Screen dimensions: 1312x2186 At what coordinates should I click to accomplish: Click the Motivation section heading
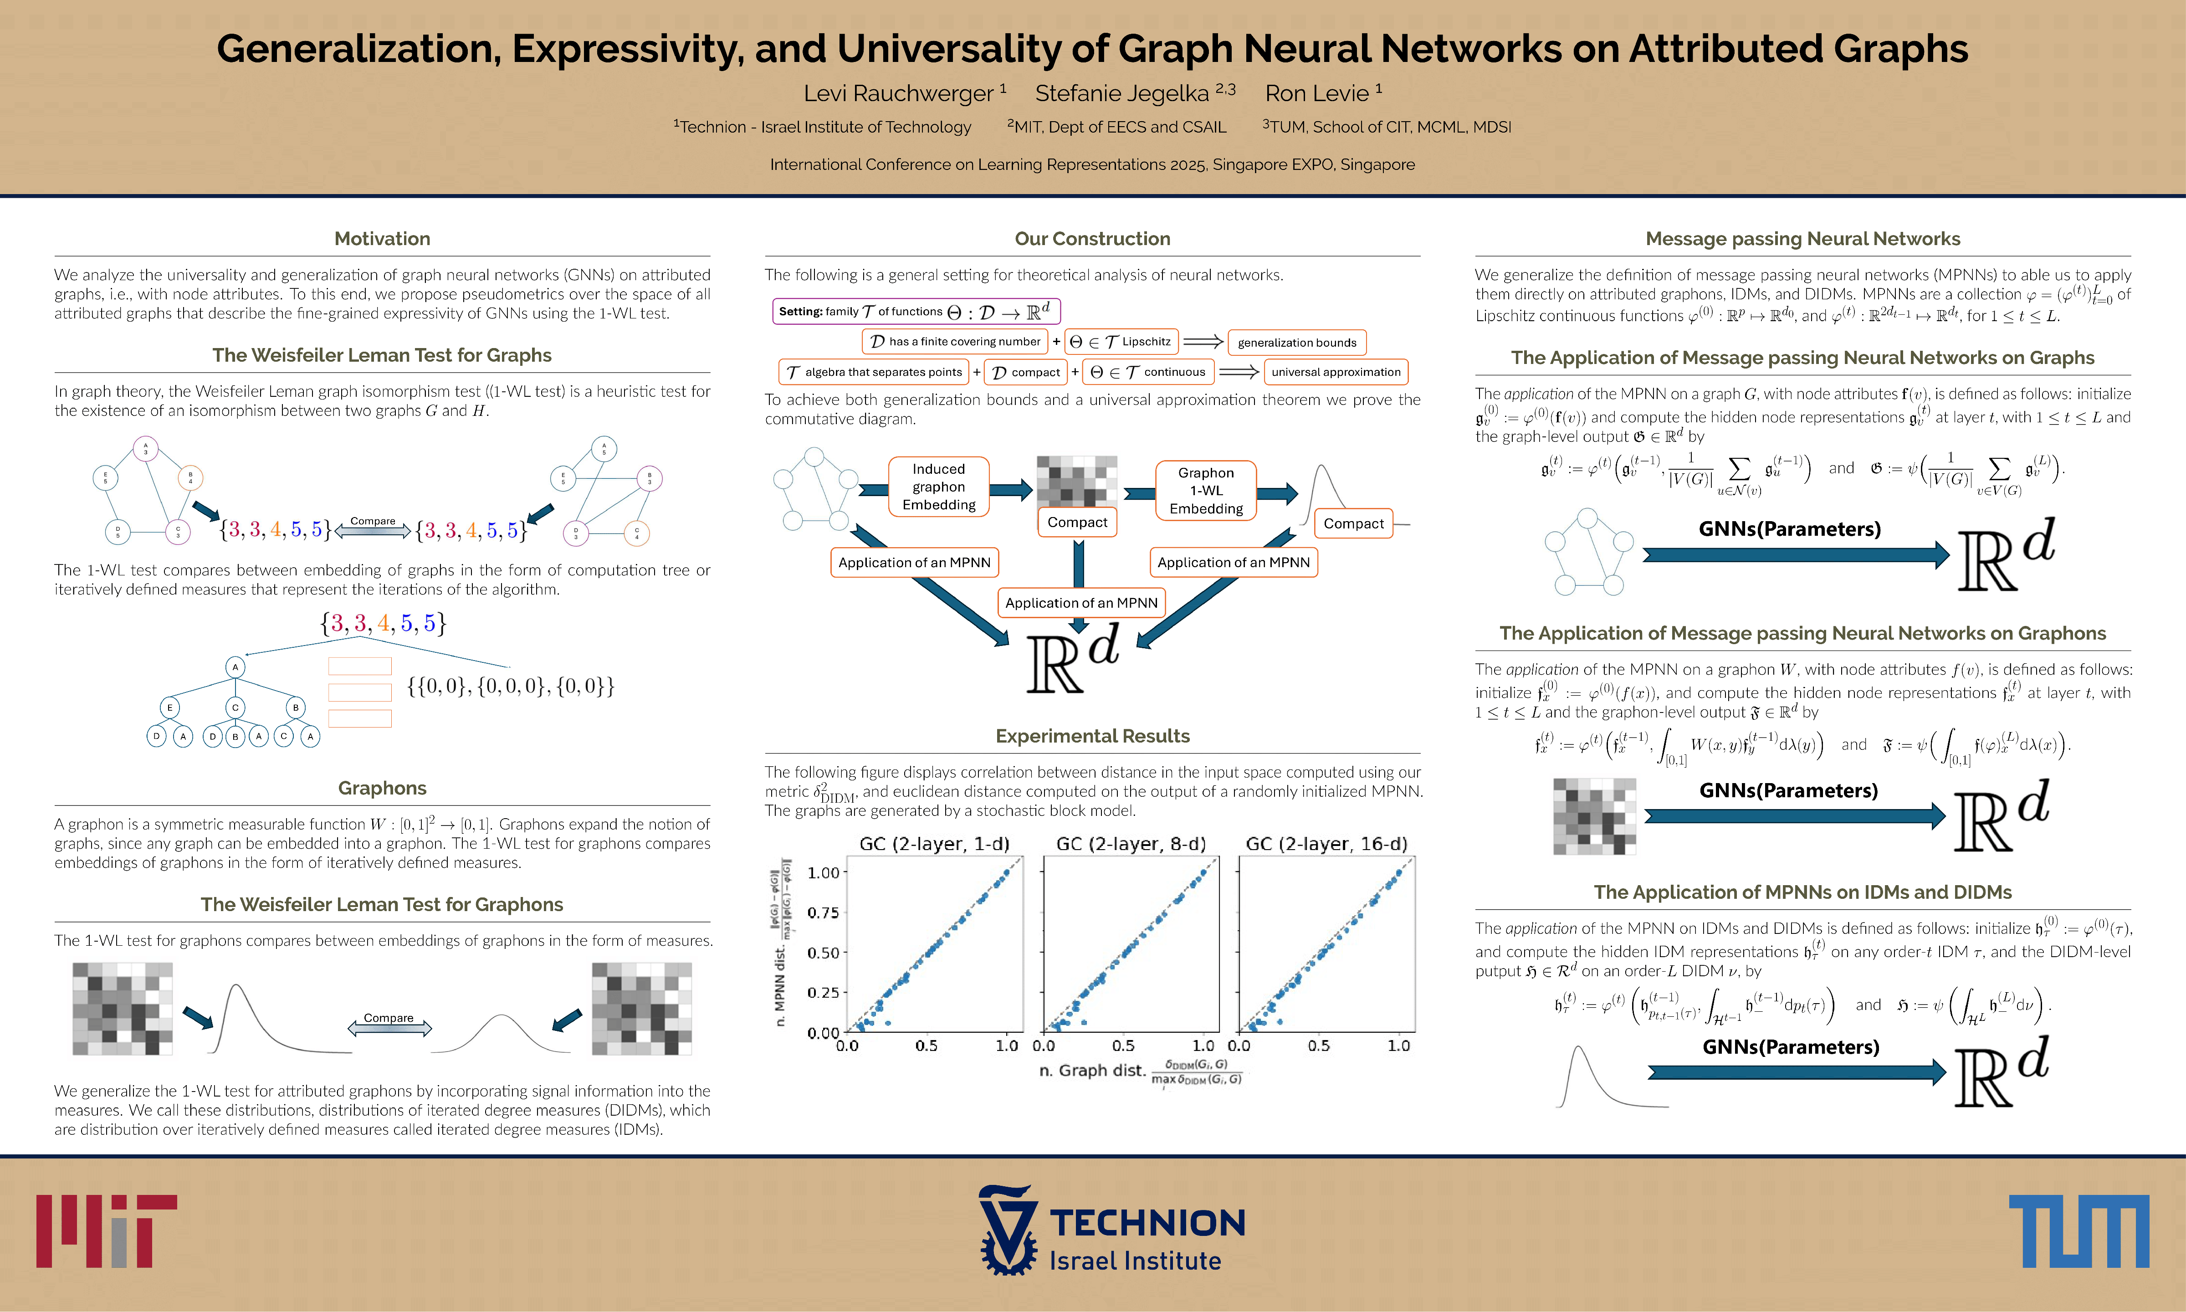(382, 239)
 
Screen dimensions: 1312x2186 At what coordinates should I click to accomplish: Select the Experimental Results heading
(1093, 736)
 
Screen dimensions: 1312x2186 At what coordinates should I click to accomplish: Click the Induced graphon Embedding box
(939, 487)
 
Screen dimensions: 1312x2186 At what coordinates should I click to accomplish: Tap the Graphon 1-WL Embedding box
(1206, 491)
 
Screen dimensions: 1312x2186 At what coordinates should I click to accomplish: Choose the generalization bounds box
(1297, 342)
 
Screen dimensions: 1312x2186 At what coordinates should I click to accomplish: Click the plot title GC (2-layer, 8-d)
(1131, 843)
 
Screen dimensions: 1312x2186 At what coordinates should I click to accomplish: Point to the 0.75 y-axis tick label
(823, 912)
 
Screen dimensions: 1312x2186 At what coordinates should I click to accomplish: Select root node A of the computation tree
(235, 667)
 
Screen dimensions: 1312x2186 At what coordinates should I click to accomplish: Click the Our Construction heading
(1093, 239)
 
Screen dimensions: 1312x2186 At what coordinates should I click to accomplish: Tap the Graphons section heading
(382, 788)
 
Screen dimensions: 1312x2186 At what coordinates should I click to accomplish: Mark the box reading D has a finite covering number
(955, 341)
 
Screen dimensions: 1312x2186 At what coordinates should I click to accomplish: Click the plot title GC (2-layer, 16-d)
(1326, 843)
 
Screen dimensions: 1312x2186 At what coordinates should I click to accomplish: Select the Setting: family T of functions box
(916, 311)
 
